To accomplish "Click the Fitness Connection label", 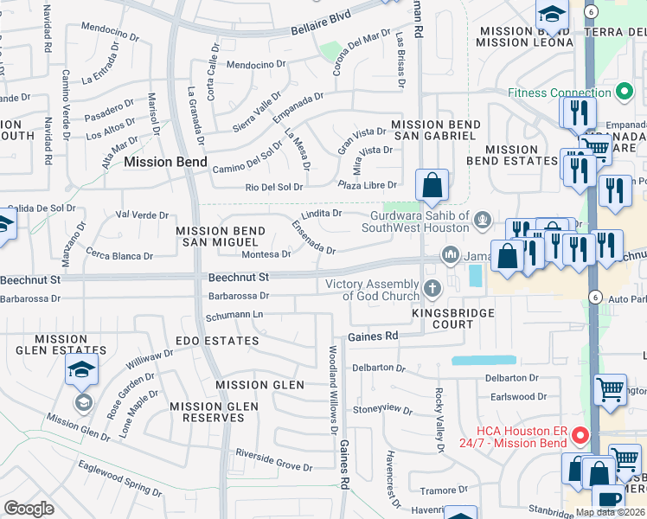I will tap(560, 93).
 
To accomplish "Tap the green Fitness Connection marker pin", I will tap(624, 92).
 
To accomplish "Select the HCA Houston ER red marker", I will tap(580, 435).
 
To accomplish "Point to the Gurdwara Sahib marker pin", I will tap(483, 221).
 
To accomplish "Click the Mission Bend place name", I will tap(165, 162).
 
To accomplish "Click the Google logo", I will tap(29, 509).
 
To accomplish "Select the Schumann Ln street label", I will tap(234, 314).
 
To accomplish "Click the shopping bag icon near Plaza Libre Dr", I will tap(432, 184).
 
